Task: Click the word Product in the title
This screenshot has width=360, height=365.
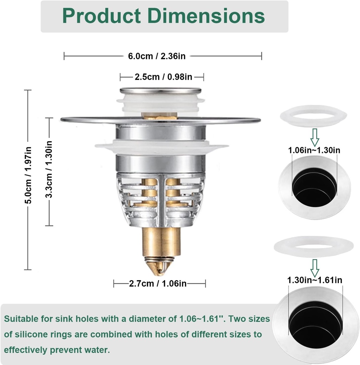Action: (x=101, y=16)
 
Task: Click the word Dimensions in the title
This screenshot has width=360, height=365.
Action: (x=206, y=16)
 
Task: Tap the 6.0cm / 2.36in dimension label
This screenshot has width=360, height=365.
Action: (x=157, y=56)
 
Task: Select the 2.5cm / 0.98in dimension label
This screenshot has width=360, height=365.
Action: (x=163, y=77)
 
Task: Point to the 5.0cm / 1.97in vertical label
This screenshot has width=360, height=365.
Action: (x=28, y=175)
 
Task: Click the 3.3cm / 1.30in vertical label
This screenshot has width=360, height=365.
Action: (x=49, y=169)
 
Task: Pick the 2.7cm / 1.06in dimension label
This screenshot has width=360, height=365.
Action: (x=158, y=283)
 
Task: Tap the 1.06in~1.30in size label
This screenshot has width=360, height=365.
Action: (x=314, y=150)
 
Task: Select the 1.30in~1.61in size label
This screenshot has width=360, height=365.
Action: (x=315, y=280)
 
